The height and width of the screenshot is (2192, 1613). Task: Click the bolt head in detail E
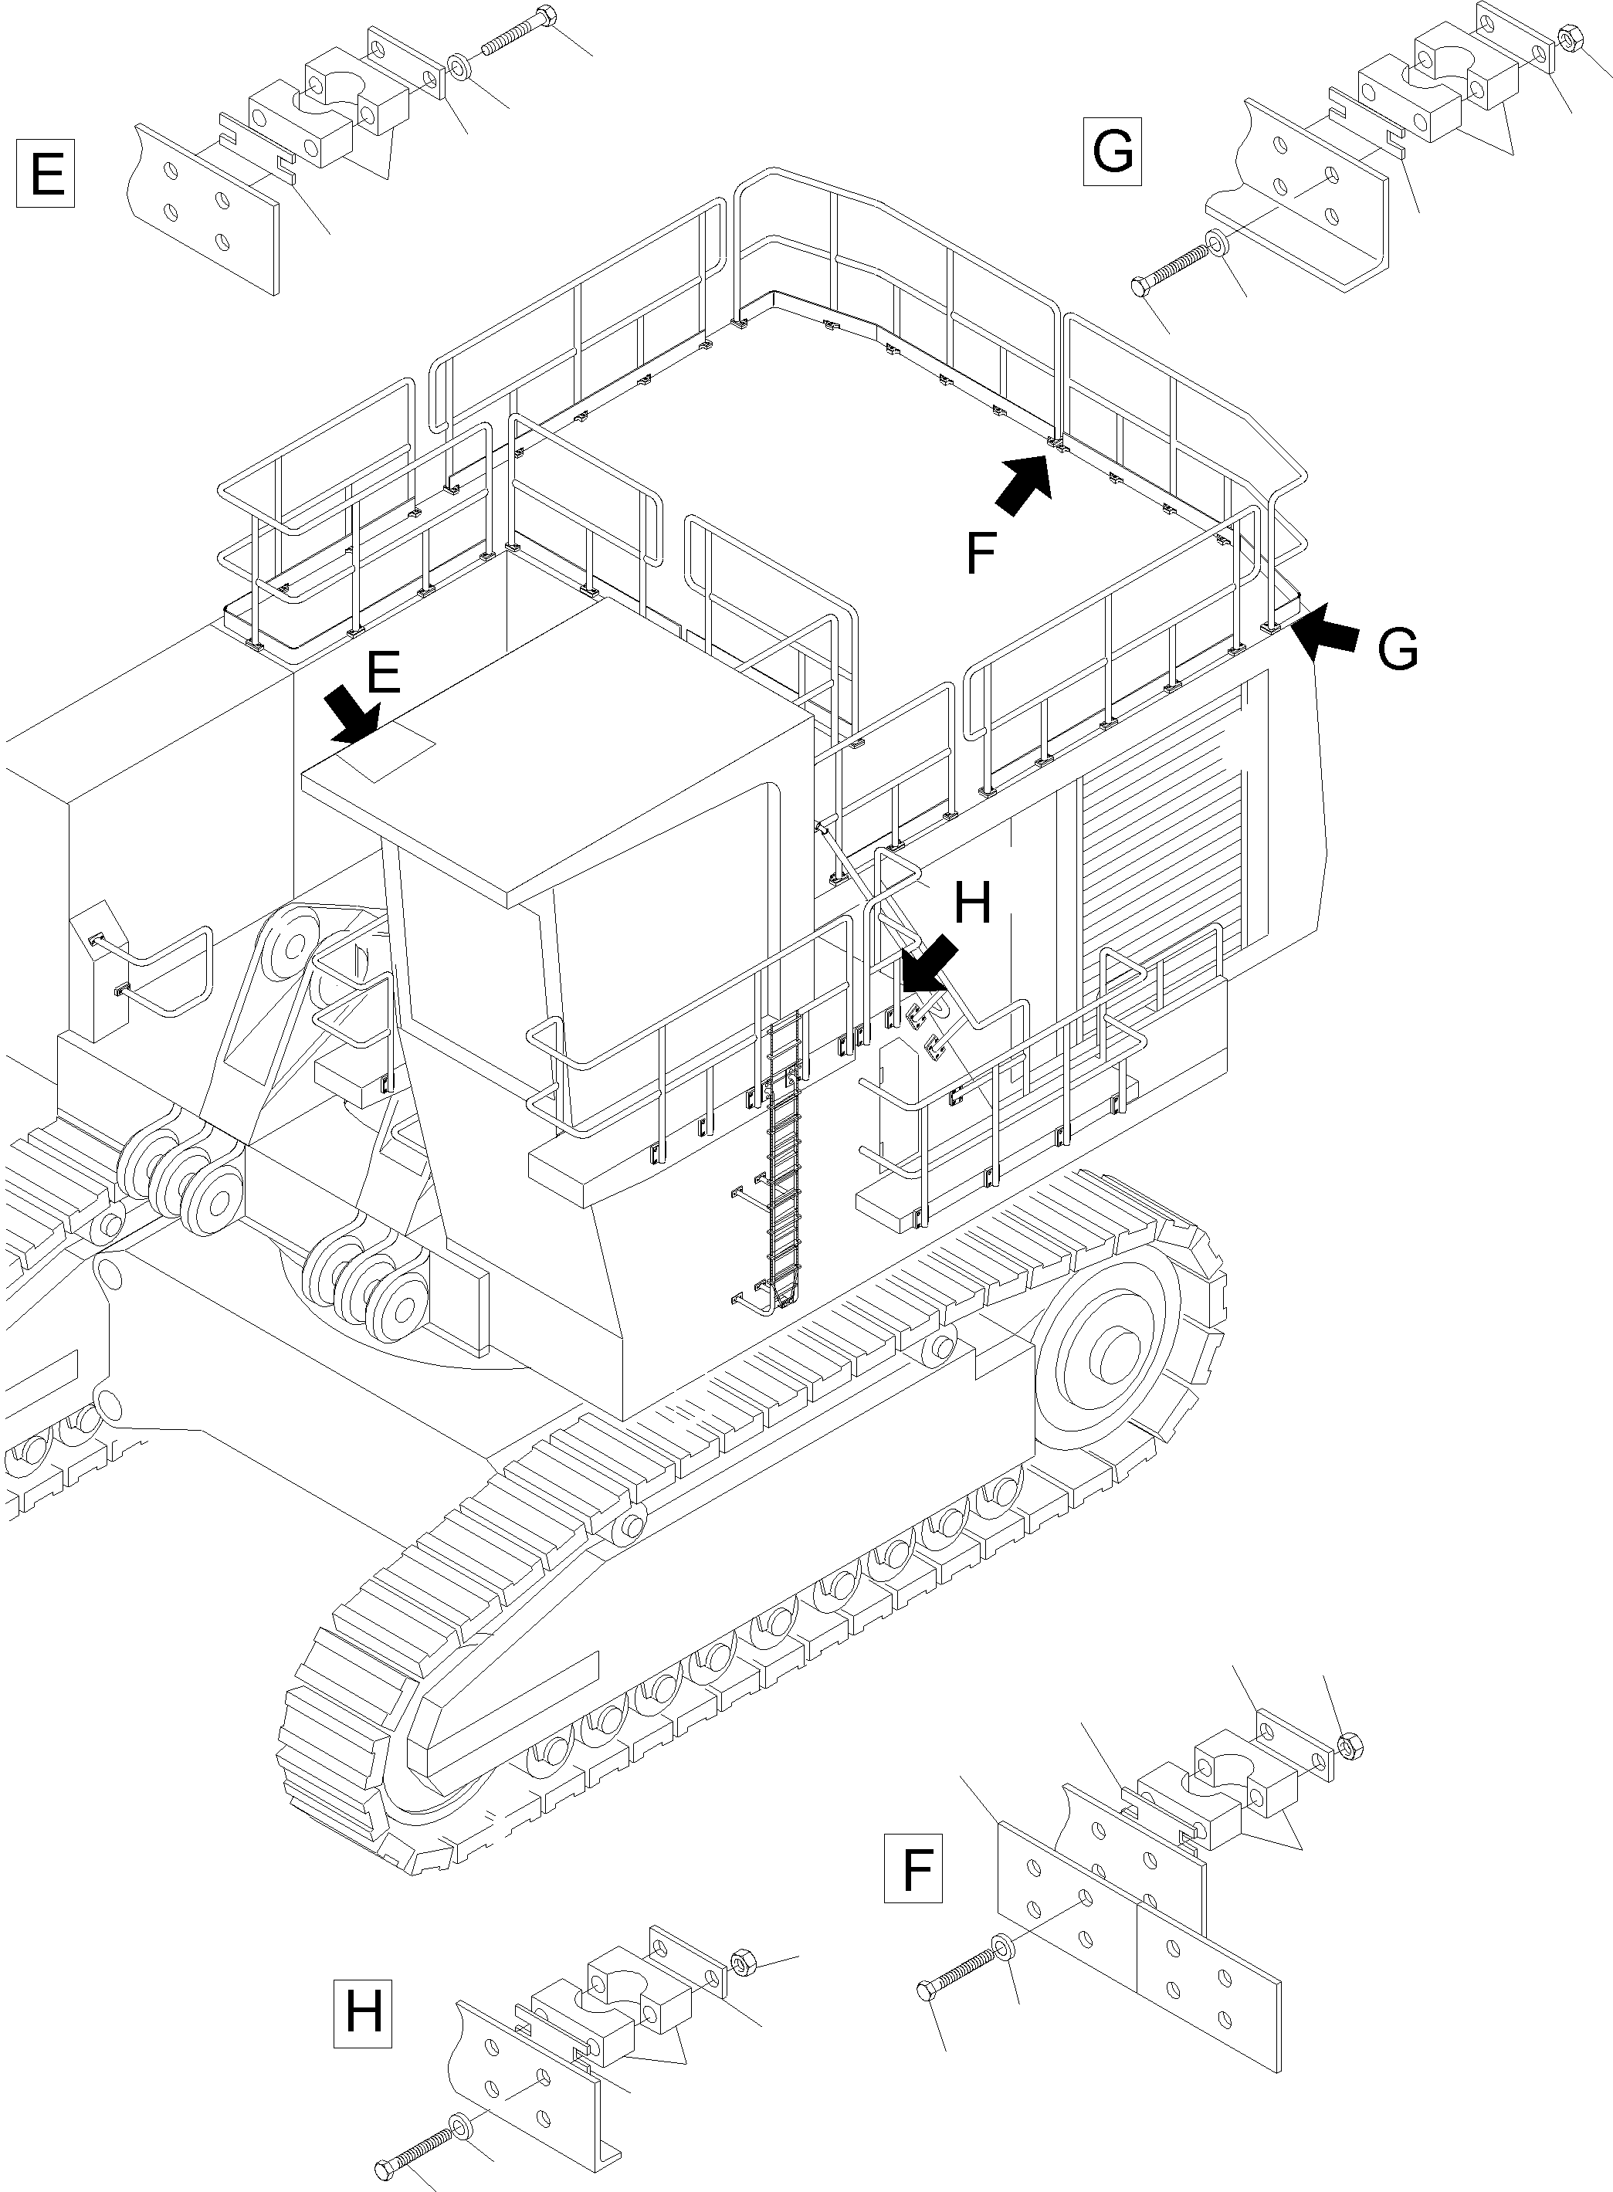click(547, 15)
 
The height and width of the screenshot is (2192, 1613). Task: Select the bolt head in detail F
click(927, 1989)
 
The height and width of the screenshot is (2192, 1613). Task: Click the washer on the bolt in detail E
click(459, 69)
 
